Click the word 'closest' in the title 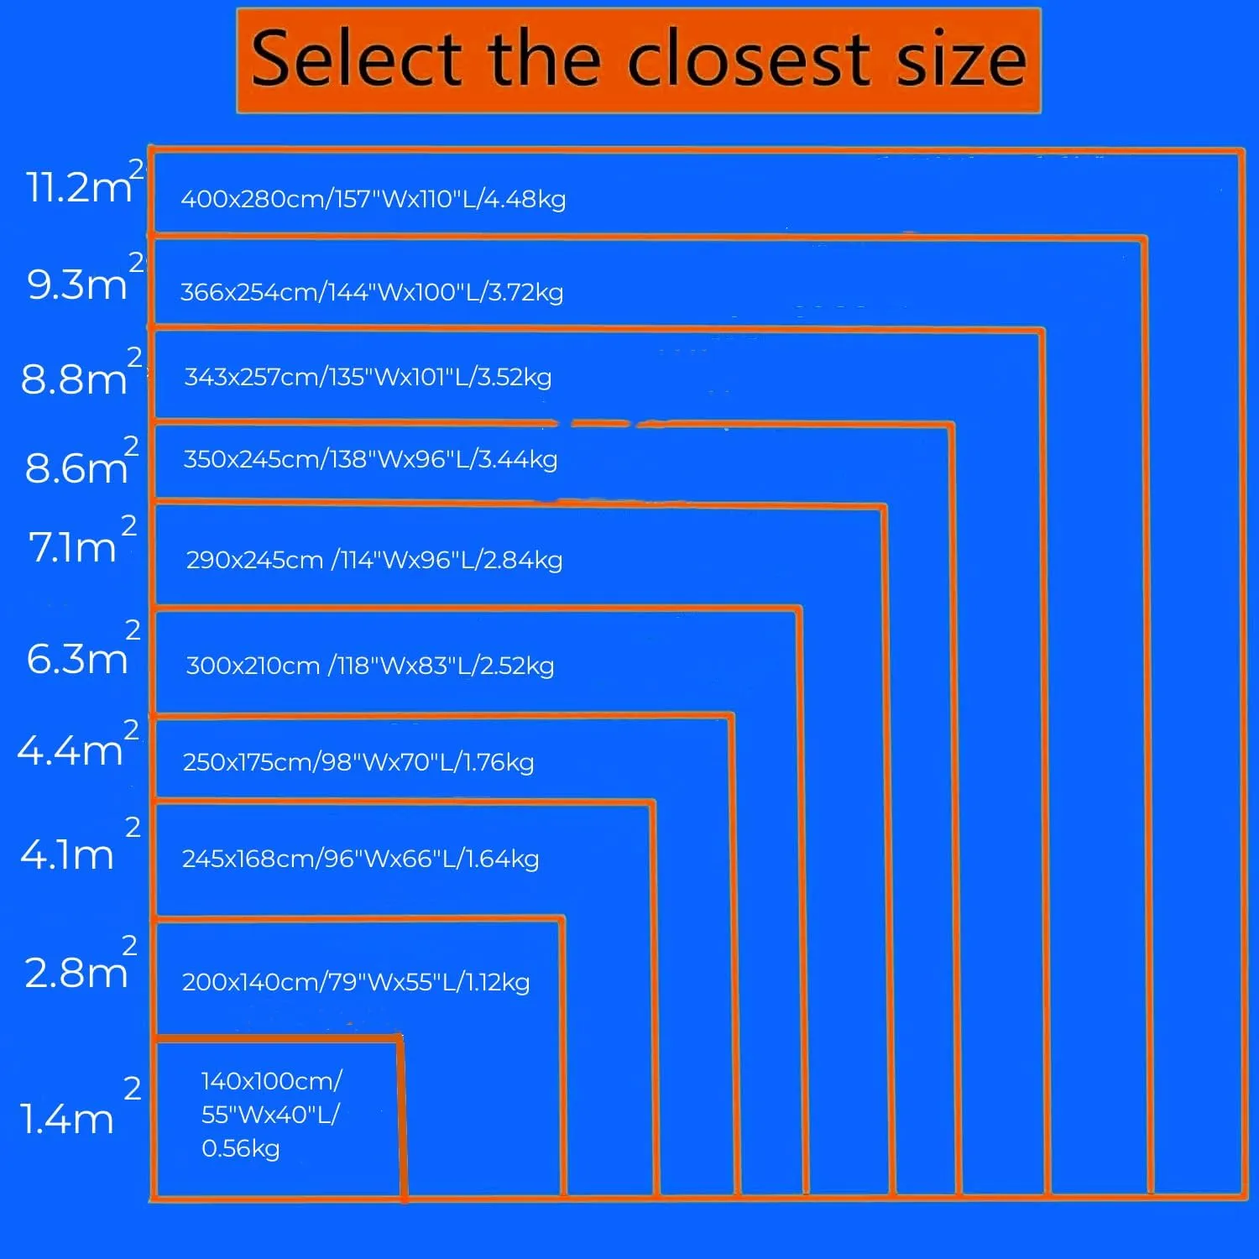(x=749, y=59)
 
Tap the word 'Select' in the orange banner (x=357, y=59)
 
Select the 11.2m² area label (x=85, y=180)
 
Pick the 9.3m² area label (x=85, y=276)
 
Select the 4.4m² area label (x=78, y=743)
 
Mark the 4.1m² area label (x=80, y=843)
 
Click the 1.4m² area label (x=80, y=1104)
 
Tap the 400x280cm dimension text (x=374, y=199)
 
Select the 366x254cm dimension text (x=372, y=292)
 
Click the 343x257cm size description (x=368, y=377)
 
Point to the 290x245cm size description (x=374, y=560)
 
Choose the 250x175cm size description (x=358, y=762)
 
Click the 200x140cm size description (x=356, y=982)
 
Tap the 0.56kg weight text (x=240, y=1148)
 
